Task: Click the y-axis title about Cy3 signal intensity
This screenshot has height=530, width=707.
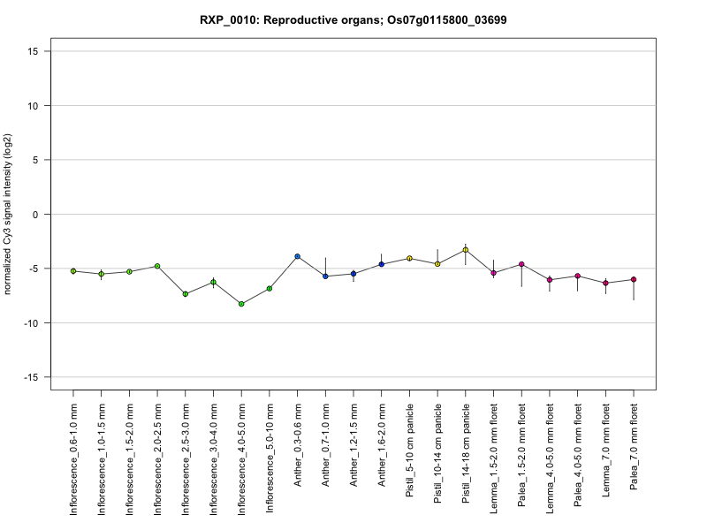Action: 7,214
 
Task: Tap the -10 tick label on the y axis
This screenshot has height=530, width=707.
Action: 31,323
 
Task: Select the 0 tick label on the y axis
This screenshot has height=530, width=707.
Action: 35,215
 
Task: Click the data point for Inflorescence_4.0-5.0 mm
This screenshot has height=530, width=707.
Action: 241,304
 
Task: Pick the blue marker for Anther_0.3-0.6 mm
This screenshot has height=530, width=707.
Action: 298,256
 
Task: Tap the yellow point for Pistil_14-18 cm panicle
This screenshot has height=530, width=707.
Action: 466,250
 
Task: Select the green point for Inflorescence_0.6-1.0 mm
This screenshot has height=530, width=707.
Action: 73,271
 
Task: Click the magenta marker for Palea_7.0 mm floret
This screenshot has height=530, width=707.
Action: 634,279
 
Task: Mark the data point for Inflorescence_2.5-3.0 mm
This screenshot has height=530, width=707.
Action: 186,294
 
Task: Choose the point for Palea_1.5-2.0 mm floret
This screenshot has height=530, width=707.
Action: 521,264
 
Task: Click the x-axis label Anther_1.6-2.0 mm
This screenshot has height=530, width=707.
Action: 382,445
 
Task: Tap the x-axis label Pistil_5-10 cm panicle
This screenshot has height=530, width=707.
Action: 410,450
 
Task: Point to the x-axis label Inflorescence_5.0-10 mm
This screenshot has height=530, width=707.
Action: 270,458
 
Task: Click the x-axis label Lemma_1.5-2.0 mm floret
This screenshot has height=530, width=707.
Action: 494,458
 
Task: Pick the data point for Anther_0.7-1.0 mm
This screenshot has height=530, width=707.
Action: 325,276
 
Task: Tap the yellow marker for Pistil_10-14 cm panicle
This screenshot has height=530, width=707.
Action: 437,264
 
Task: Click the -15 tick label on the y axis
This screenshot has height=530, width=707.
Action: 31,377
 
